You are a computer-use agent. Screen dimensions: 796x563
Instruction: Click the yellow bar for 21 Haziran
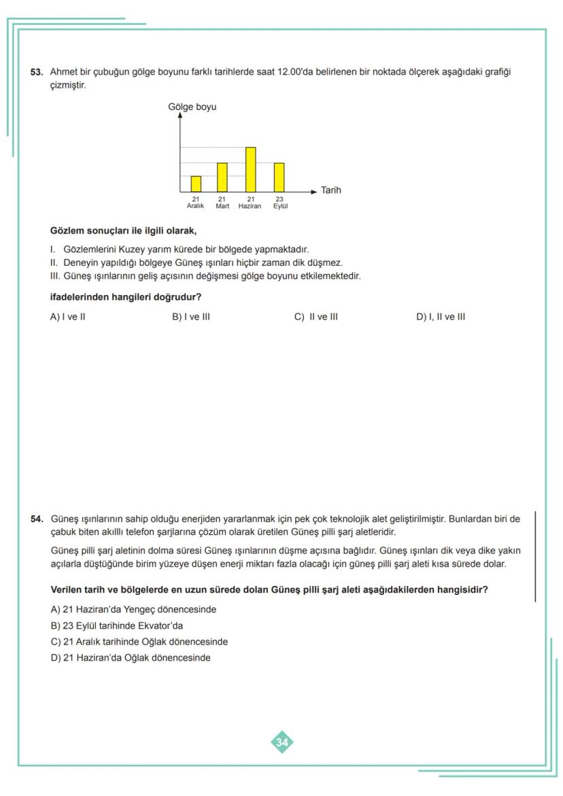coord(250,169)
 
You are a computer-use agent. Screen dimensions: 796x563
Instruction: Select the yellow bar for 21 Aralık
coord(196,184)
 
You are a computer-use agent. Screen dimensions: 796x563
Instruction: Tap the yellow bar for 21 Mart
coord(222,177)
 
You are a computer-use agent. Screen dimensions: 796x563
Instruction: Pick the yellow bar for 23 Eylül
coord(279,177)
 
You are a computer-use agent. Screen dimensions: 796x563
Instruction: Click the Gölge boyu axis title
coord(192,107)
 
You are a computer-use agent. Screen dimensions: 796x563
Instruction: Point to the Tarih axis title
coord(330,191)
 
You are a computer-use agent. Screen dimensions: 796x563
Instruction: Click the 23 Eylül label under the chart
coord(279,203)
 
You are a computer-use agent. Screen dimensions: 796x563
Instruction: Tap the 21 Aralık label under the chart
coord(195,203)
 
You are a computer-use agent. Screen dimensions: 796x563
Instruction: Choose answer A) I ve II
coord(67,317)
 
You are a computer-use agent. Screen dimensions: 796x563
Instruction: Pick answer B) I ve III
coord(191,317)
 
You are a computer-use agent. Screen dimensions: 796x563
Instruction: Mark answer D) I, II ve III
coord(440,317)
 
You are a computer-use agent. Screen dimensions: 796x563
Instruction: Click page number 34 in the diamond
coord(281,742)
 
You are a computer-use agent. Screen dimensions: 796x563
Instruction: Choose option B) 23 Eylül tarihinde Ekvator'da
coord(117,625)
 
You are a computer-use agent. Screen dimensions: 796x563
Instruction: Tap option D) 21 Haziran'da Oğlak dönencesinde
coord(131,657)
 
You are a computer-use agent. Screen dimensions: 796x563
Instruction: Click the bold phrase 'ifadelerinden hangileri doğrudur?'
coord(126,297)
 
